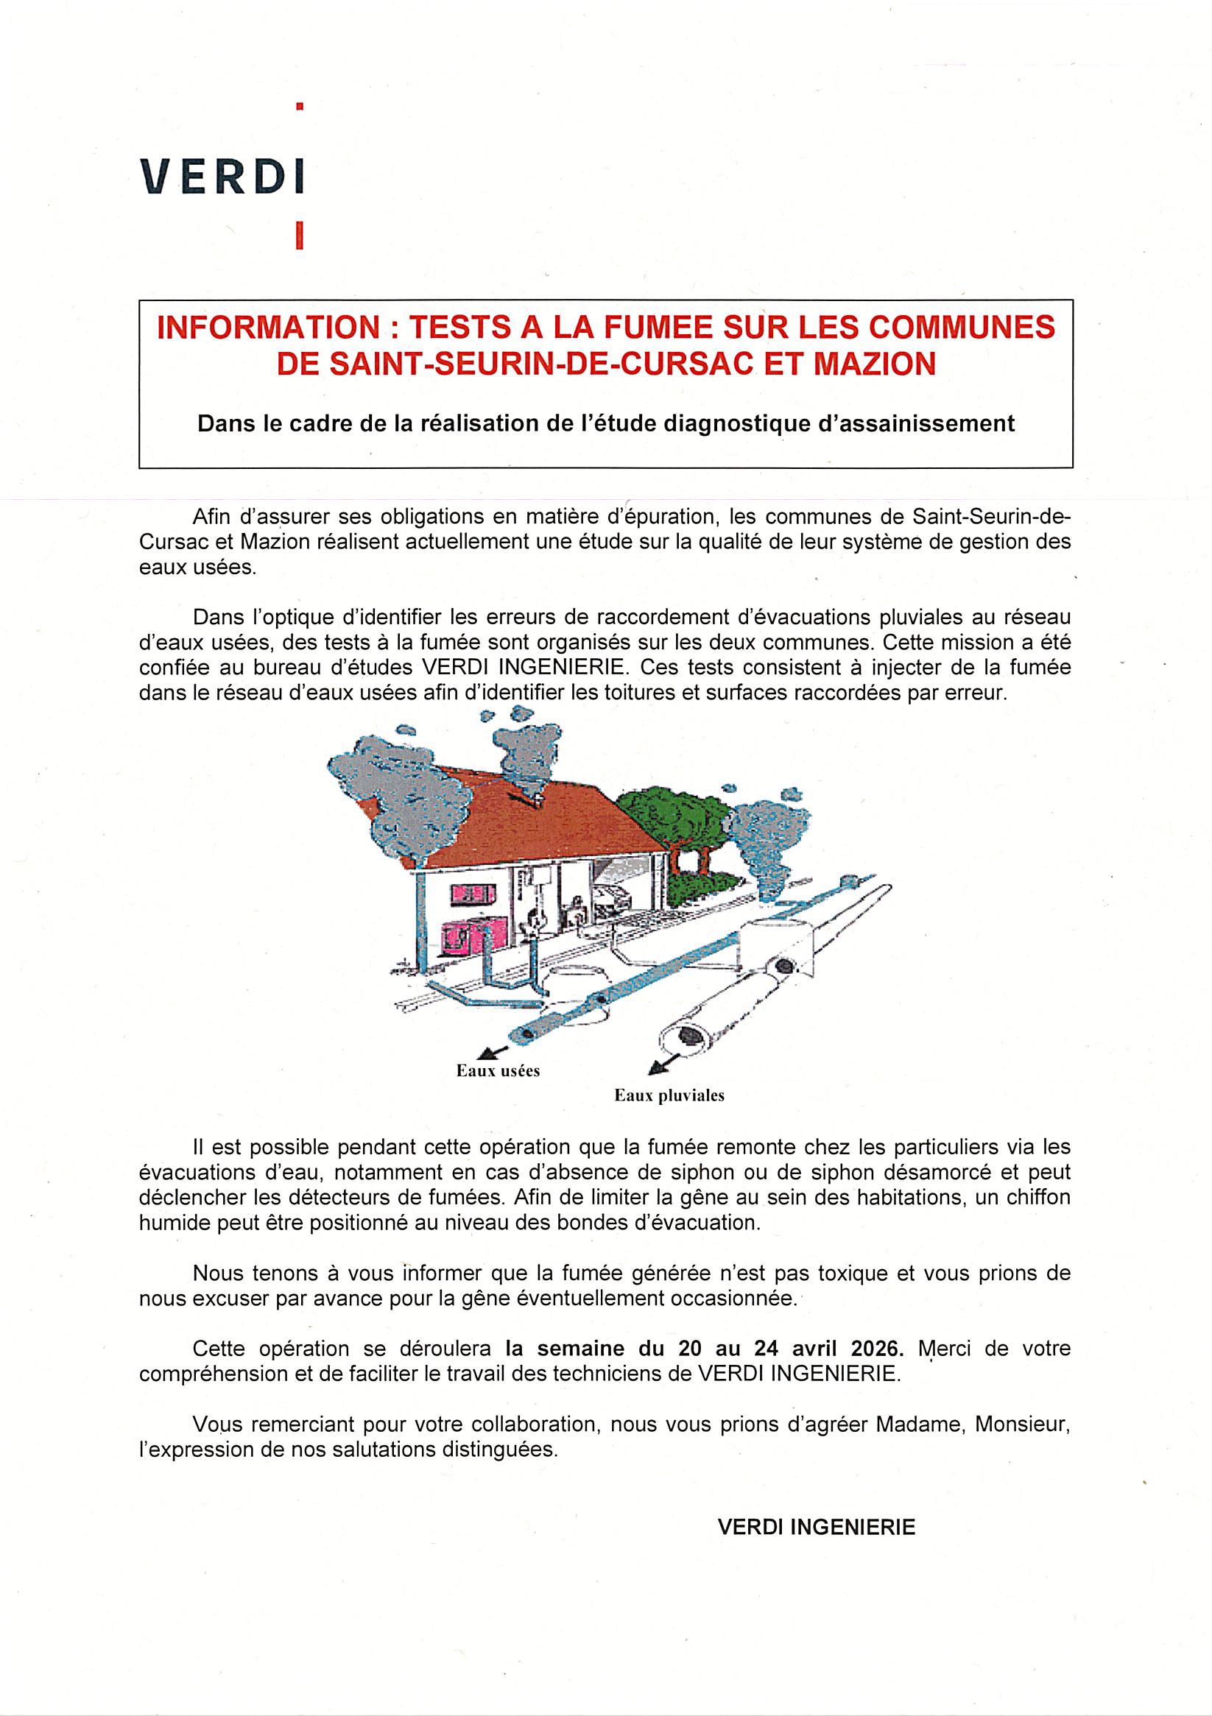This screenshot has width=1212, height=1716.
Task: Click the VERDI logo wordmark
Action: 222,177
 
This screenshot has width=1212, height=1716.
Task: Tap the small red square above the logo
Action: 300,107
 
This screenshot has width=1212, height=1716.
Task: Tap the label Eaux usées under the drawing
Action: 498,1070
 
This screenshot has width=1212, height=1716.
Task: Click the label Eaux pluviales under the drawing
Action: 669,1095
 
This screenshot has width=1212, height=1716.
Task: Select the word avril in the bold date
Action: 813,1349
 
